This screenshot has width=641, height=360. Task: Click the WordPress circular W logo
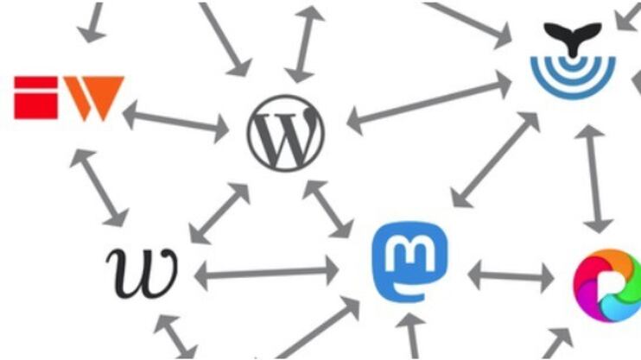click(286, 132)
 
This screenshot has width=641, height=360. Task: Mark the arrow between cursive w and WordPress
click(219, 212)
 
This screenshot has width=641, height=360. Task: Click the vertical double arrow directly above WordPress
click(304, 44)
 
